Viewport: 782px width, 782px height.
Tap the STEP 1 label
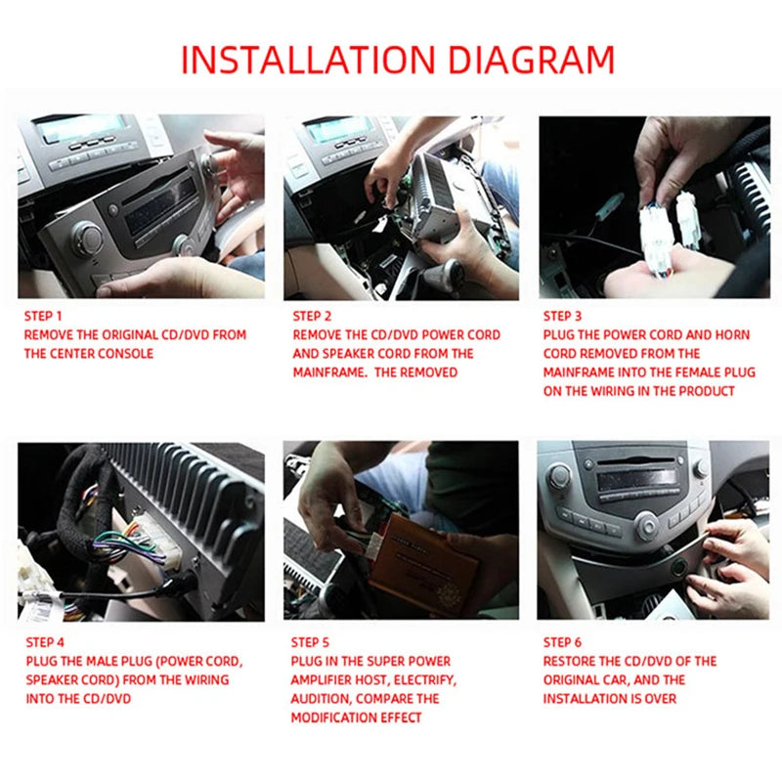(x=43, y=317)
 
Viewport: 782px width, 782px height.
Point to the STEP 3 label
(x=563, y=317)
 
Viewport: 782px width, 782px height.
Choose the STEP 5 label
(x=311, y=642)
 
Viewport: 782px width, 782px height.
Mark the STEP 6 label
(x=563, y=642)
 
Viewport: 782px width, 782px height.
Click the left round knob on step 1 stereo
(x=87, y=237)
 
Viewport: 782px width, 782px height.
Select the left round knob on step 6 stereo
(x=559, y=477)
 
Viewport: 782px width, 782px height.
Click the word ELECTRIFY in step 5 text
(x=423, y=680)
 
